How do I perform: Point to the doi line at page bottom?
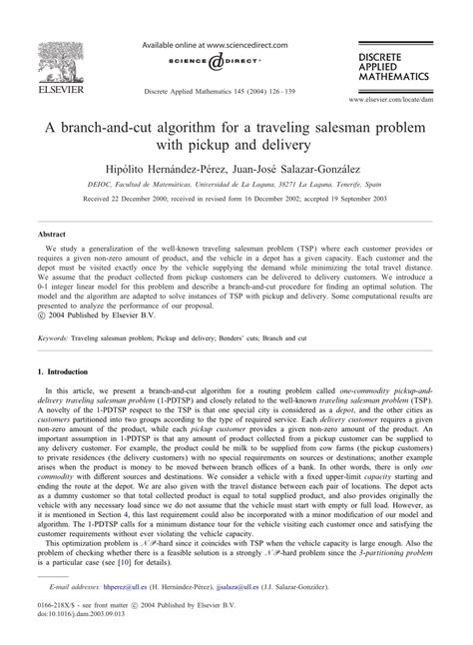(x=79, y=626)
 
